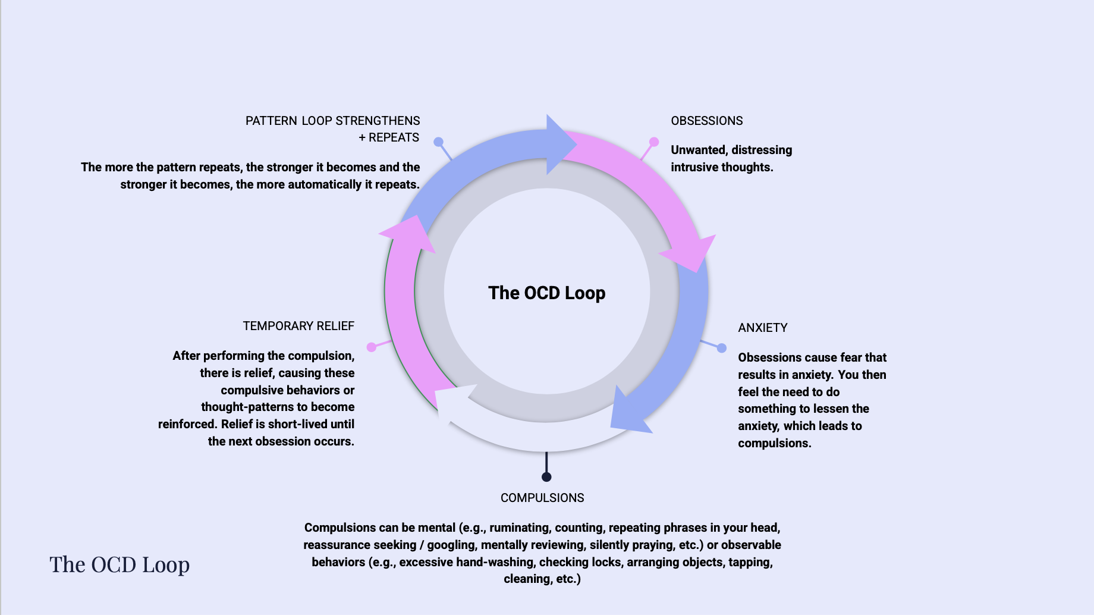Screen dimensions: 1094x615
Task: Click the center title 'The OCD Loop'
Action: tap(547, 293)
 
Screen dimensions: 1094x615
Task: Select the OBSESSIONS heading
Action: tap(707, 121)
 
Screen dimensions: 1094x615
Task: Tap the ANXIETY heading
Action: tap(763, 328)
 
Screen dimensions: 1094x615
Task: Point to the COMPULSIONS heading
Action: tap(542, 498)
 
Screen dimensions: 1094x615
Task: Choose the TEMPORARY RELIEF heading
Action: tap(298, 326)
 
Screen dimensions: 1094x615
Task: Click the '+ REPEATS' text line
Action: tap(389, 137)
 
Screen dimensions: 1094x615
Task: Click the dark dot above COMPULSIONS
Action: tap(546, 477)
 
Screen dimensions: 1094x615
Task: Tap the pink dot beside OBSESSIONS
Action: tap(654, 142)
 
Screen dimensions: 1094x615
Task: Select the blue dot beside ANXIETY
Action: tap(722, 348)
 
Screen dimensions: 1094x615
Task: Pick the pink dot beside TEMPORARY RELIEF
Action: tap(372, 347)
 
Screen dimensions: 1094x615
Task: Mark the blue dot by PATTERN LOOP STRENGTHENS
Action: tap(438, 142)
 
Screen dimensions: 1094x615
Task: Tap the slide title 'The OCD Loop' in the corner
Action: tap(120, 565)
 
